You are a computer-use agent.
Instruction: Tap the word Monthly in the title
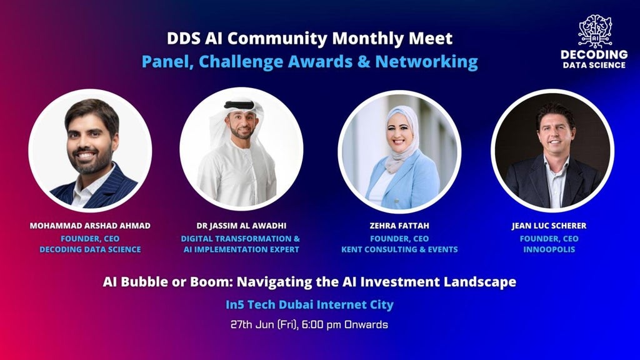[x=366, y=38]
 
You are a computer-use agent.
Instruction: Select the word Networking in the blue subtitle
[x=426, y=62]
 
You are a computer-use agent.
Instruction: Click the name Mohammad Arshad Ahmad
[x=90, y=226]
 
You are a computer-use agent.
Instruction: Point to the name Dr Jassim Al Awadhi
[x=241, y=226]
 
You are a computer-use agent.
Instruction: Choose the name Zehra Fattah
[x=399, y=226]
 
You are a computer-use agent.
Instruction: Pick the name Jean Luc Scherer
[x=549, y=226]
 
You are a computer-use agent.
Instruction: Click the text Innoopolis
[x=549, y=249]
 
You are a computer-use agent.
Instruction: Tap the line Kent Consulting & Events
[x=399, y=249]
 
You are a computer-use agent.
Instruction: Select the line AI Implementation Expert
[x=241, y=249]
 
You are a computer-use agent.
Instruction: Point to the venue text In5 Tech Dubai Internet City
[x=309, y=304]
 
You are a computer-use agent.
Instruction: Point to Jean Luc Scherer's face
[x=556, y=133]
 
